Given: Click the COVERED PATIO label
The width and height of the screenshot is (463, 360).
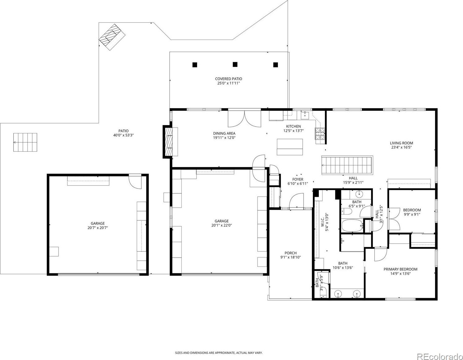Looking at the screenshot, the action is [228, 79].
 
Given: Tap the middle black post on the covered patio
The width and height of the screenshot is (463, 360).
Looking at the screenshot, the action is [235, 64].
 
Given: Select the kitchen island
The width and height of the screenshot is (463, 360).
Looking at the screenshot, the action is [290, 147].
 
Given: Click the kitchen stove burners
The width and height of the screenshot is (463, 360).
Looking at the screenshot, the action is [320, 134].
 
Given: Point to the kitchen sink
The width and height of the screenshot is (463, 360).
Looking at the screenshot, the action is [305, 115].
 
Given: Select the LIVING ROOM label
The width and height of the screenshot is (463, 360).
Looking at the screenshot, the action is [401, 143].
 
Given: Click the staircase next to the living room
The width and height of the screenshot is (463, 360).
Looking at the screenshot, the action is [347, 165].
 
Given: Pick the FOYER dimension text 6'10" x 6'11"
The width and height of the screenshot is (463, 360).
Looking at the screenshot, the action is [298, 184].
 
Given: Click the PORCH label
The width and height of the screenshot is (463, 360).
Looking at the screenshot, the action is [291, 253].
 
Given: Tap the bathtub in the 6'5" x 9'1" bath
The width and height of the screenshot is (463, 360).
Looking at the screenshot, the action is [352, 226].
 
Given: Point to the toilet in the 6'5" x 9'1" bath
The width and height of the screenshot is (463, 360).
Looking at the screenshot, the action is [347, 211].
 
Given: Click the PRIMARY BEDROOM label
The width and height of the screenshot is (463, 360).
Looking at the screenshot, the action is [400, 269].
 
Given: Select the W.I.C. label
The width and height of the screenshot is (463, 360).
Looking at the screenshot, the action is [322, 222].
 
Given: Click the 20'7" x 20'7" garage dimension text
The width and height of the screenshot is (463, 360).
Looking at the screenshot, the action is [98, 228].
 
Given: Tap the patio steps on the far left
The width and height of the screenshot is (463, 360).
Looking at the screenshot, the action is [25, 142].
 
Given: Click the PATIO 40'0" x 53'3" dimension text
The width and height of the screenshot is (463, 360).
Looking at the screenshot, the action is [123, 135].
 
